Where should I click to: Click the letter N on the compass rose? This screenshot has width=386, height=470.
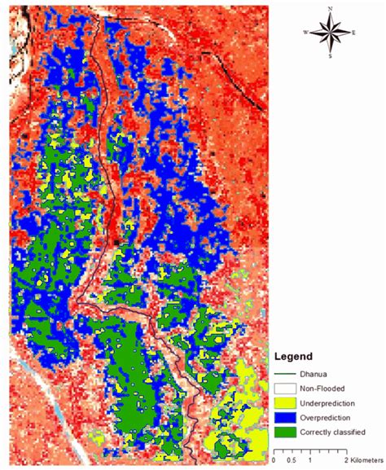330,9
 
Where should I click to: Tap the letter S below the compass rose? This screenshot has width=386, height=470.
330,57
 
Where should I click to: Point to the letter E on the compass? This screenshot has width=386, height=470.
354,33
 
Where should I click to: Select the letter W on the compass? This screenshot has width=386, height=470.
305,33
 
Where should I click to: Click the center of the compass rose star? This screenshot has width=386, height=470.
330,33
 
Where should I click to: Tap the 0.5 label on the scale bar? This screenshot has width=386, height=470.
292,460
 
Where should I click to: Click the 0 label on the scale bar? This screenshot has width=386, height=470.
274,460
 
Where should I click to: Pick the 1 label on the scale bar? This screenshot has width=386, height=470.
309,460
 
